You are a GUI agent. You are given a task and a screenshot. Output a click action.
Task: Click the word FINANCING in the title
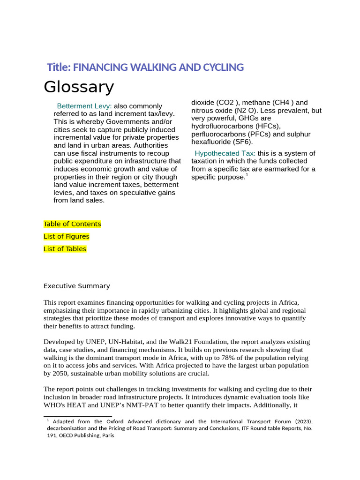pyautogui.click(x=96, y=67)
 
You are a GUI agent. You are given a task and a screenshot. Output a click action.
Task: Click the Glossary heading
pyautogui.click(x=79, y=87)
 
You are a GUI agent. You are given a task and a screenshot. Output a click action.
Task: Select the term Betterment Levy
pyautogui.click(x=84, y=106)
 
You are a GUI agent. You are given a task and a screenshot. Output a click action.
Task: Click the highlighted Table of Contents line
pyautogui.click(x=72, y=224)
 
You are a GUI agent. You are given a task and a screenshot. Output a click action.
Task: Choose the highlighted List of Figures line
pyautogui.click(x=66, y=237)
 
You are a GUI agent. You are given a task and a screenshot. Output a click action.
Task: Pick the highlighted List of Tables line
pyautogui.click(x=65, y=249)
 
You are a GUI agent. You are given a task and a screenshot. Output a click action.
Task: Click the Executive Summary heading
pyautogui.click(x=76, y=286)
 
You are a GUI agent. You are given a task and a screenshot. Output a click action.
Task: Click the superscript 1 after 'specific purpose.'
pyautogui.click(x=247, y=175)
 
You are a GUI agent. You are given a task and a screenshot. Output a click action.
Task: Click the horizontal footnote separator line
pyautogui.click(x=77, y=416)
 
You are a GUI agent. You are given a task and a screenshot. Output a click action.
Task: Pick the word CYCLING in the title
pyautogui.click(x=223, y=67)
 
